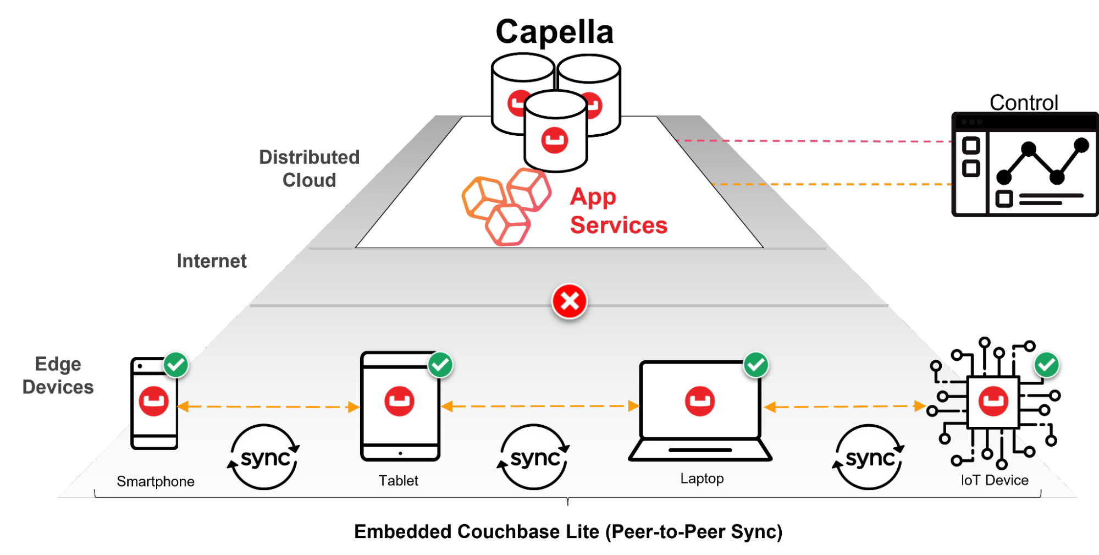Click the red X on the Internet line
570,301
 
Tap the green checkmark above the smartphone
176,365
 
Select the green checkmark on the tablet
440,365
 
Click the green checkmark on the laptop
756,365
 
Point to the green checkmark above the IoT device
1046,365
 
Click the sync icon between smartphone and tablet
264,457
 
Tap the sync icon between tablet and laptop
534,457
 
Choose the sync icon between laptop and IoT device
869,457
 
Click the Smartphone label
156,481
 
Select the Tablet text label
398,481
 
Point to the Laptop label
702,479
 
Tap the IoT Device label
994,480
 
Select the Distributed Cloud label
309,169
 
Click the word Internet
212,261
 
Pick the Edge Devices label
58,376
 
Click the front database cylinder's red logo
554,140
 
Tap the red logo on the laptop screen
699,401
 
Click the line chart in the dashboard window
1042,162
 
